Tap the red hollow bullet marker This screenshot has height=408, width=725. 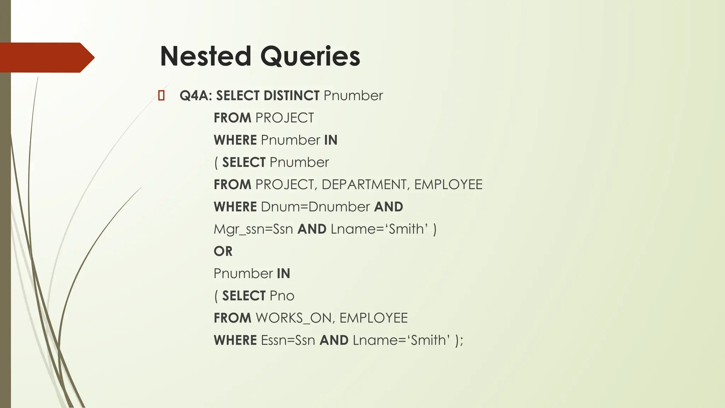pyautogui.click(x=161, y=96)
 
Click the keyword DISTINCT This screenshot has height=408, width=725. pyautogui.click(x=291, y=96)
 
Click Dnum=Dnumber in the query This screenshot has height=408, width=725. pyautogui.click(x=315, y=207)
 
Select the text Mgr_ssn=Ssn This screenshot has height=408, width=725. pyautogui.click(x=253, y=229)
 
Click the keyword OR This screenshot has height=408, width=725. pyautogui.click(x=223, y=251)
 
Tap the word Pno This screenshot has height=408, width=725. pyautogui.click(x=282, y=296)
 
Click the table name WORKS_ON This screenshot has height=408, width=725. pyautogui.click(x=294, y=318)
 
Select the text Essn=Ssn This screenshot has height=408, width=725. pyautogui.click(x=288, y=340)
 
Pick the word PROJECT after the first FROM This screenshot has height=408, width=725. pyautogui.click(x=285, y=118)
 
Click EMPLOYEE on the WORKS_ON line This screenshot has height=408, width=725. pyautogui.click(x=373, y=318)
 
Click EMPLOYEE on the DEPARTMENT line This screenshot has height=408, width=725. pyautogui.click(x=448, y=185)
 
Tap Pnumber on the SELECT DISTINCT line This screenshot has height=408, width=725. pyautogui.click(x=353, y=96)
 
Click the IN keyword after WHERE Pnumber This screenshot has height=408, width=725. pyautogui.click(x=331, y=140)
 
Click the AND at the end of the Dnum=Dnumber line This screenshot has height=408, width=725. pyautogui.click(x=388, y=207)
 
